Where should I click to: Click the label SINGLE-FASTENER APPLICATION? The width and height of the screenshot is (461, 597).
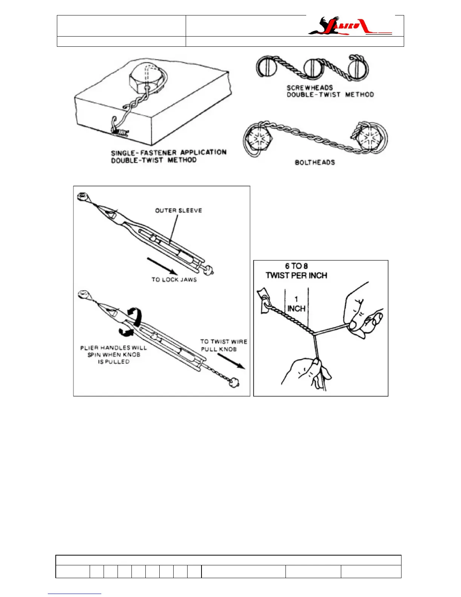click(x=169, y=153)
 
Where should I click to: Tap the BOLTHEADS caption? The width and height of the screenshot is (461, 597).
click(x=314, y=162)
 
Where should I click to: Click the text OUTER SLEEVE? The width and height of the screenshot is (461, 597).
click(x=179, y=210)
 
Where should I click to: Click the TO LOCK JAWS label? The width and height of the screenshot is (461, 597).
click(x=174, y=280)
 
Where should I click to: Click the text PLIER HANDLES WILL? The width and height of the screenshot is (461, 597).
click(x=113, y=347)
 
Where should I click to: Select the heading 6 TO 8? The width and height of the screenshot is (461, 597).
click(x=296, y=266)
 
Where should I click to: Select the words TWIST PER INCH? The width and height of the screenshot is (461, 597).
click(x=296, y=276)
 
